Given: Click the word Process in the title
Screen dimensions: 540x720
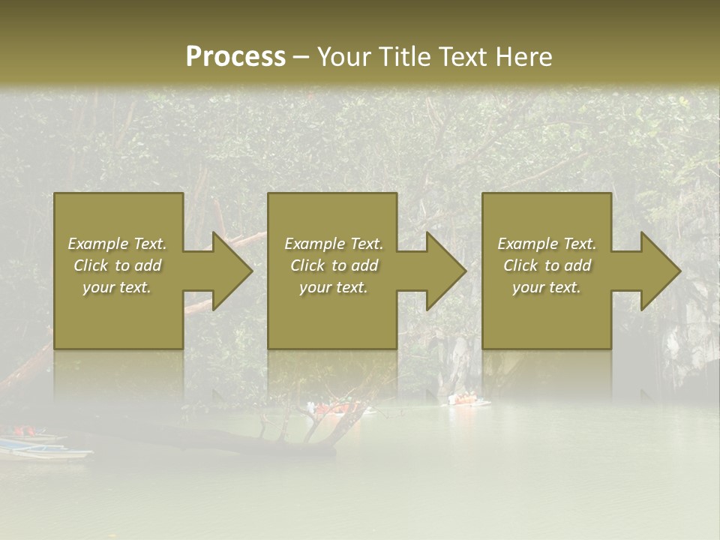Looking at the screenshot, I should point(235,57).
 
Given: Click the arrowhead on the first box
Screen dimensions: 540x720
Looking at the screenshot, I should point(229,271).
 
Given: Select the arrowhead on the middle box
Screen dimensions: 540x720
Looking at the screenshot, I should point(443,271).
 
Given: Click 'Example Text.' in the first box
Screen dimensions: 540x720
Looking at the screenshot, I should point(117,244).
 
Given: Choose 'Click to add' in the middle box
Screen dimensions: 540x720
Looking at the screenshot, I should point(334,265).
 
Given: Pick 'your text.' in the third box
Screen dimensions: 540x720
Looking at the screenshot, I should point(547,287).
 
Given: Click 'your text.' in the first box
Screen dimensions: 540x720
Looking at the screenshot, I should point(117,287).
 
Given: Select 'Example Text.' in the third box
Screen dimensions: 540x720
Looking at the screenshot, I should point(547,244).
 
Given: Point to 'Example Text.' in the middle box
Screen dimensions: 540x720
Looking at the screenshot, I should point(334,244).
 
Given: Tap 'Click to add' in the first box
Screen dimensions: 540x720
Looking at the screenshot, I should point(117,265).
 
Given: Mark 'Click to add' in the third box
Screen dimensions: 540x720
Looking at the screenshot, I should point(547,265).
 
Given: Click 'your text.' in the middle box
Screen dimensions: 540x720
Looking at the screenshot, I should point(334,287).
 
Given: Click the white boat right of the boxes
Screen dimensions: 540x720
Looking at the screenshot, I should point(469,400).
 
